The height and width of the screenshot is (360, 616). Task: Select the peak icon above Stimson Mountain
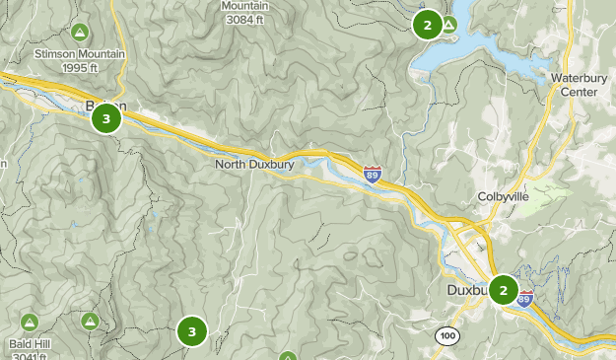pyautogui.click(x=78, y=31)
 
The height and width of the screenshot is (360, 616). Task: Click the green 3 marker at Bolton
pyautogui.click(x=106, y=119)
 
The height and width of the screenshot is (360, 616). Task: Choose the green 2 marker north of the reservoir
pyautogui.click(x=427, y=25)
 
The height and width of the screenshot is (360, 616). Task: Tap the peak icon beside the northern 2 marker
pyautogui.click(x=448, y=24)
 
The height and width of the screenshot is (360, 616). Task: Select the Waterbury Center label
pyautogui.click(x=574, y=85)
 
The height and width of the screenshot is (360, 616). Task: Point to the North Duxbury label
pyautogui.click(x=255, y=165)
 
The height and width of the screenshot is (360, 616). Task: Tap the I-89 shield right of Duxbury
pyautogui.click(x=525, y=298)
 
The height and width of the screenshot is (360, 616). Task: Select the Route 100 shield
pyautogui.click(x=447, y=336)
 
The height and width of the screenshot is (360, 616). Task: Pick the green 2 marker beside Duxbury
pyautogui.click(x=504, y=290)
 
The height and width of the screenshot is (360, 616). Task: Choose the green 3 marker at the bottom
pyautogui.click(x=192, y=331)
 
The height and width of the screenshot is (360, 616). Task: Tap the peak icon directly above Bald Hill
pyautogui.click(x=29, y=322)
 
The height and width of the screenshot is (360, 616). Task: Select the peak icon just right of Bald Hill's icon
pyautogui.click(x=90, y=321)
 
